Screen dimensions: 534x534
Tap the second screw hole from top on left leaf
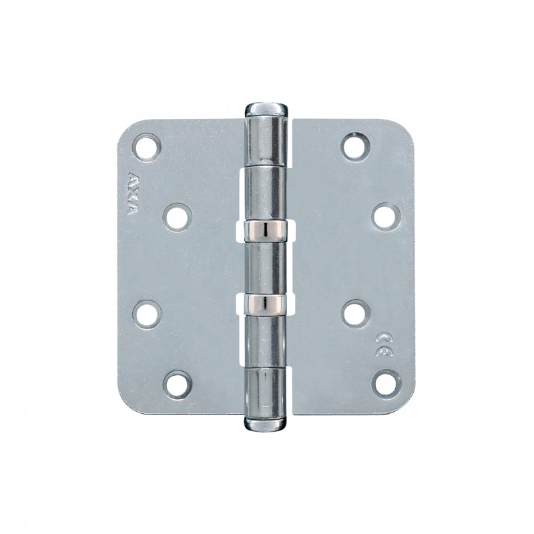178,217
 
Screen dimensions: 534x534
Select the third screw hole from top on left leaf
148,312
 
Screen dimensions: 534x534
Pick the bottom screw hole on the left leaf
178,384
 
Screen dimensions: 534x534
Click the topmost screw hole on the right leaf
354,146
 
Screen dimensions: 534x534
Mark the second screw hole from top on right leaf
386,217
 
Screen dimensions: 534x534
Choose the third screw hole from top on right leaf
354,312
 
